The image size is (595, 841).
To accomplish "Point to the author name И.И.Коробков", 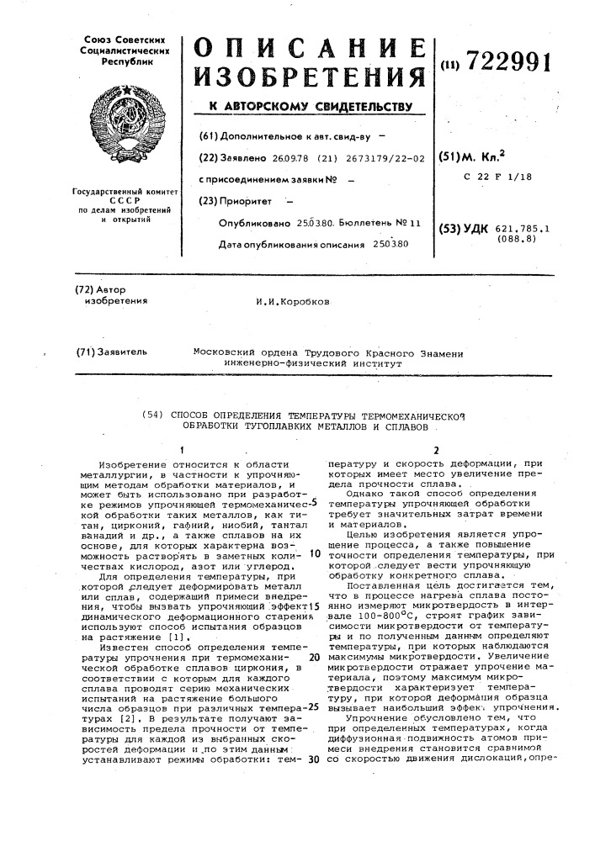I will [x=294, y=300].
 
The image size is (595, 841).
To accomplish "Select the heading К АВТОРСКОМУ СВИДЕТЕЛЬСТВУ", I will [x=311, y=107].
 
